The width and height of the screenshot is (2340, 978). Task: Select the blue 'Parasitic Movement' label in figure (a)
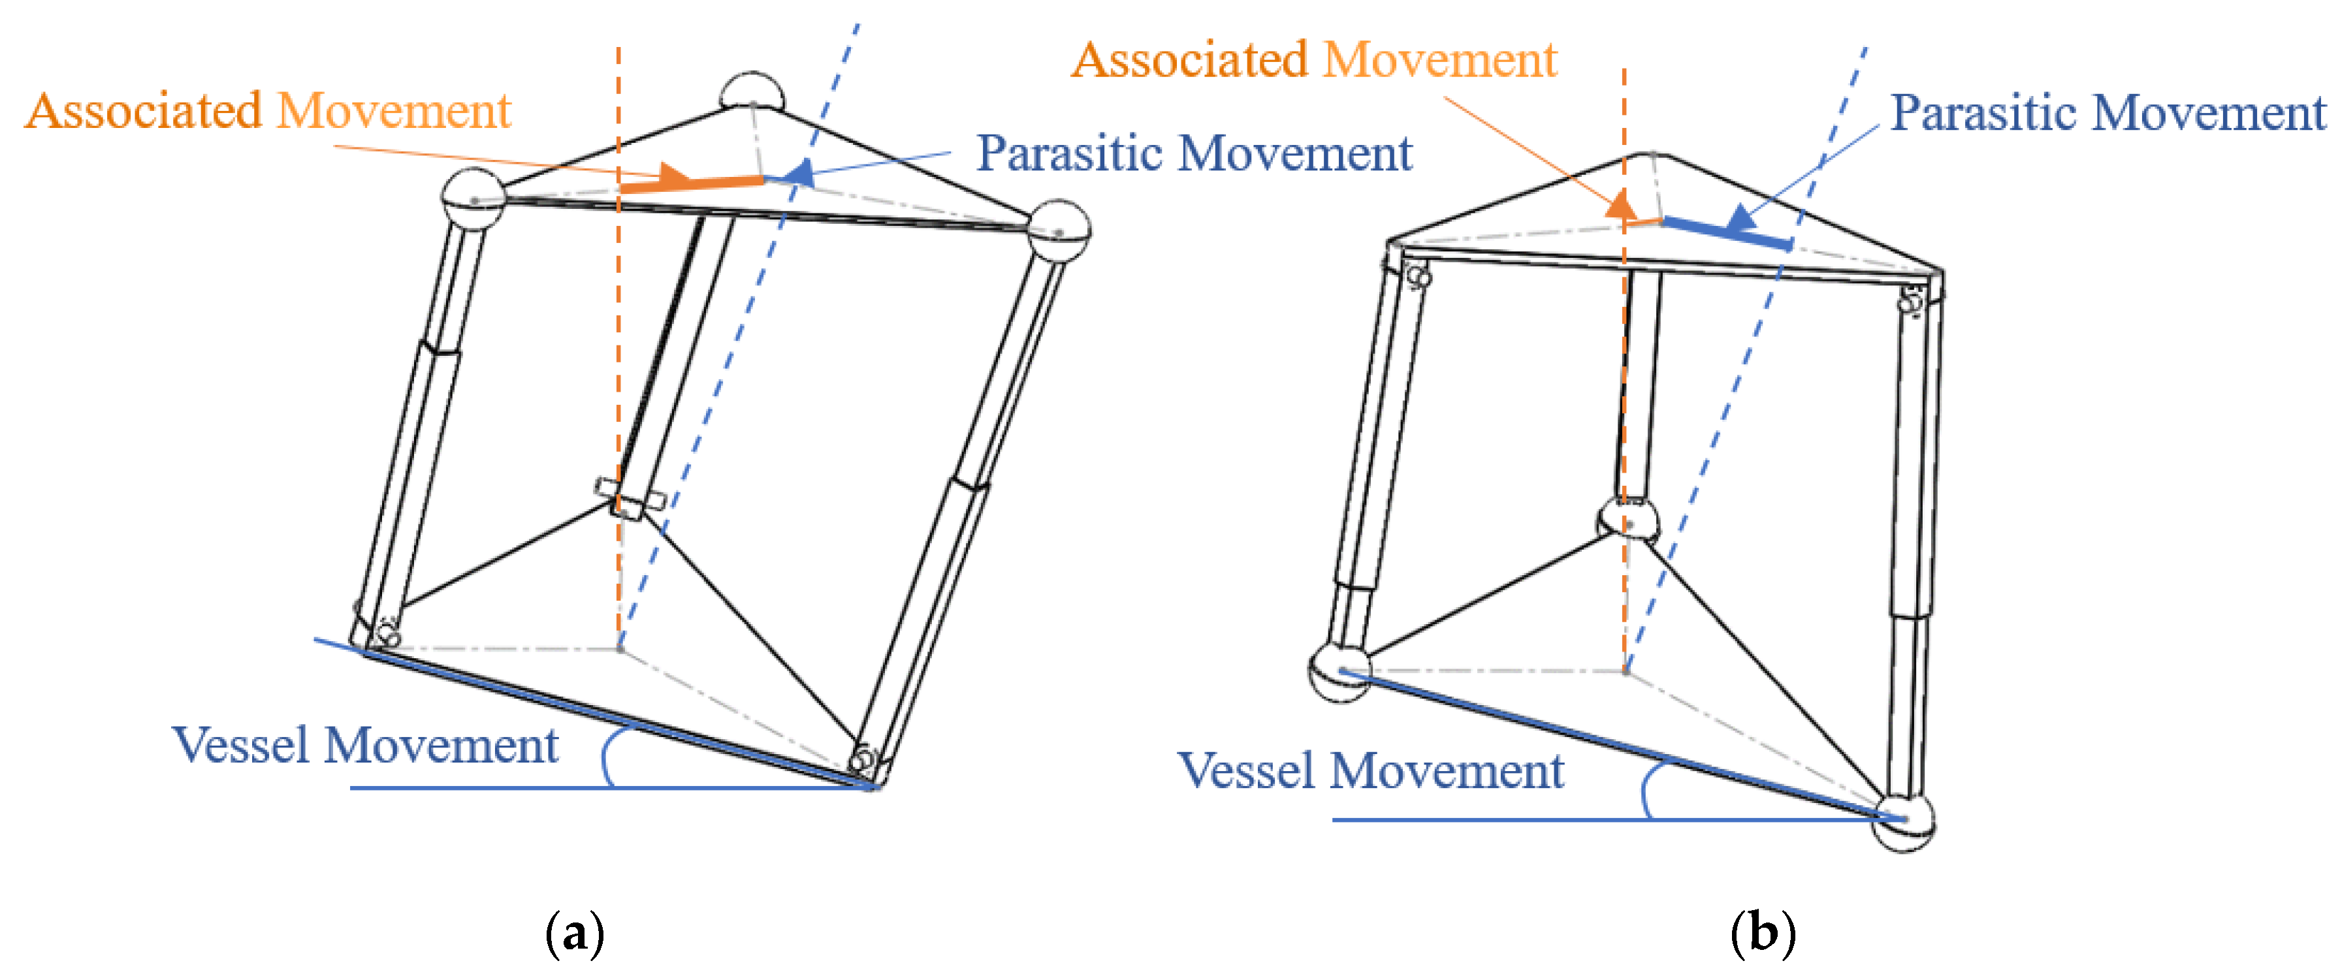click(1194, 153)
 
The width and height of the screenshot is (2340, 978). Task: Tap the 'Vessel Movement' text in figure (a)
click(364, 746)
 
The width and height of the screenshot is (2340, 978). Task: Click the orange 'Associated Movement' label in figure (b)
click(1315, 61)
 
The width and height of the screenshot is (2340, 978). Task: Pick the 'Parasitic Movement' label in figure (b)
click(2108, 114)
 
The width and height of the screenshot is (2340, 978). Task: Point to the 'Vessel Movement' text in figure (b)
click(1371, 771)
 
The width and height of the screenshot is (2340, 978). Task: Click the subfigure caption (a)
click(575, 932)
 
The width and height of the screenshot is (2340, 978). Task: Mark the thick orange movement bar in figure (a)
click(692, 184)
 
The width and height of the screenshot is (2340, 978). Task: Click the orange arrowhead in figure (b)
click(1620, 204)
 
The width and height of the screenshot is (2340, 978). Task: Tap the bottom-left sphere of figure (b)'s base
click(1338, 672)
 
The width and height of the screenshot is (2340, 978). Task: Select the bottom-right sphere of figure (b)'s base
click(1905, 822)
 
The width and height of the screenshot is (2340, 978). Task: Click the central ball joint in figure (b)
click(1629, 520)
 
